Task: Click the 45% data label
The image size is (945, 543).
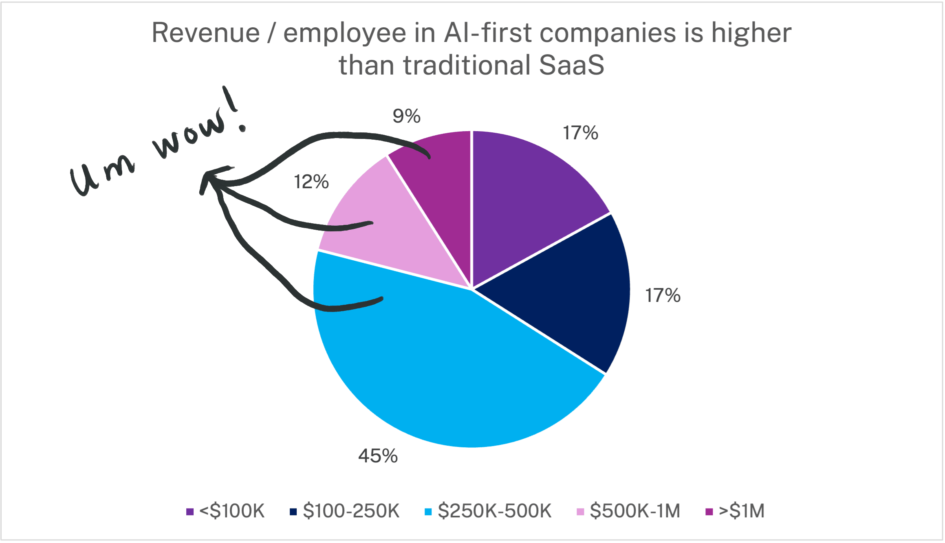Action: click(x=378, y=456)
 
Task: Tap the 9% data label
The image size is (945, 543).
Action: click(x=406, y=116)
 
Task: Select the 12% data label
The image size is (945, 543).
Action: click(x=311, y=182)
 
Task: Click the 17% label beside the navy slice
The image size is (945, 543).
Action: click(x=663, y=295)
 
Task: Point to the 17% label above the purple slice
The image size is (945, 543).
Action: click(x=580, y=133)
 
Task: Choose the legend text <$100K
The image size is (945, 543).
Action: click(x=232, y=511)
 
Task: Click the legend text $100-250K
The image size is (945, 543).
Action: click(x=351, y=511)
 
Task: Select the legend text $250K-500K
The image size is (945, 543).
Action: click(x=494, y=511)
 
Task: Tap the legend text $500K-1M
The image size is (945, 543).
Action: click(x=635, y=511)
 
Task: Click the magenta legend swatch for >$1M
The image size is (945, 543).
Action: click(x=709, y=512)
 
